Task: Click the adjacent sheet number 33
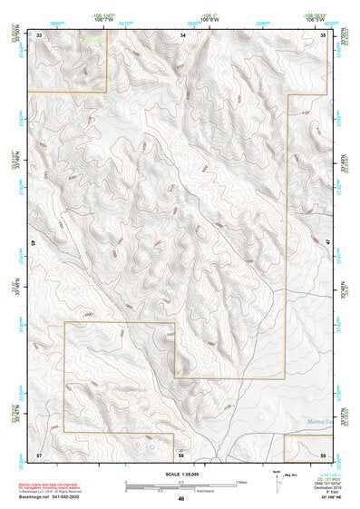(x=39, y=34)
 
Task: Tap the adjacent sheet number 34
(x=181, y=34)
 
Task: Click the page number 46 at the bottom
(x=181, y=500)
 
